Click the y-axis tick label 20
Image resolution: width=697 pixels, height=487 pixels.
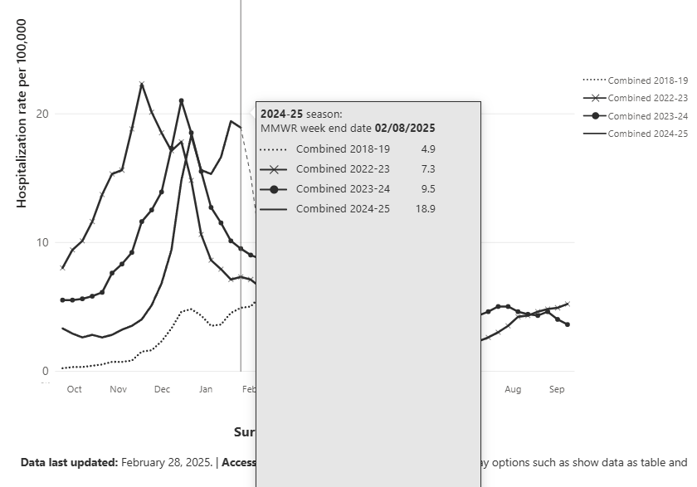(x=42, y=114)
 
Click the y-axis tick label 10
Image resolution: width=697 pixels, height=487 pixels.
(x=42, y=242)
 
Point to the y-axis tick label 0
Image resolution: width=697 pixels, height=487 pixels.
(x=46, y=371)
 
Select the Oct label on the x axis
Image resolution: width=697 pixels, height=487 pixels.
(x=74, y=389)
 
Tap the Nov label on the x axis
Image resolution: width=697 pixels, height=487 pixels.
(x=118, y=389)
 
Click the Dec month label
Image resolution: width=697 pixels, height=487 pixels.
(x=162, y=389)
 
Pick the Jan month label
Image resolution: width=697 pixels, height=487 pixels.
(x=206, y=389)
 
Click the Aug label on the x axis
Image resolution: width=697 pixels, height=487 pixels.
(x=513, y=389)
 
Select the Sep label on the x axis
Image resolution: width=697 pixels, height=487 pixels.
(x=557, y=389)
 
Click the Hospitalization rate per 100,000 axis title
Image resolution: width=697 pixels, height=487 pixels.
(x=22, y=114)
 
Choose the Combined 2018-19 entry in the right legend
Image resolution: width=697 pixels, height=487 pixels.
(x=647, y=80)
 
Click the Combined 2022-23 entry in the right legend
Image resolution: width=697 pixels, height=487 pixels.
(x=647, y=99)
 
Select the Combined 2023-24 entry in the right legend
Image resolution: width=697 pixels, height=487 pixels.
(x=647, y=116)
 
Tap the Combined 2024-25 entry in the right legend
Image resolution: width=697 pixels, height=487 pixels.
(x=647, y=134)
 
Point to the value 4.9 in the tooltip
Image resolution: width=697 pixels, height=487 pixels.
(x=427, y=149)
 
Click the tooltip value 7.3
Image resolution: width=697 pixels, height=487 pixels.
(x=427, y=169)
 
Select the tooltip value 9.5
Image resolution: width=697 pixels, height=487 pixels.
(x=427, y=189)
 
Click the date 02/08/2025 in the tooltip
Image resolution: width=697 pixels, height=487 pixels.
(x=405, y=129)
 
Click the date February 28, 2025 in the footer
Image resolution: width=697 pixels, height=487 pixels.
(x=167, y=462)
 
